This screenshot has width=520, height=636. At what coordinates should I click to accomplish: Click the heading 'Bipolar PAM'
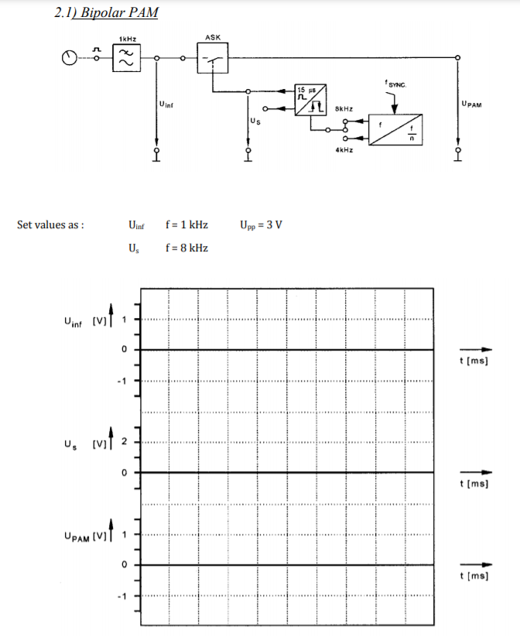point(115,13)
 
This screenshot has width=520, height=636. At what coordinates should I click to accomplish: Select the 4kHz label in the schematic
point(344,149)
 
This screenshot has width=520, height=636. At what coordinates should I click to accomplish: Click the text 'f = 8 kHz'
point(186,247)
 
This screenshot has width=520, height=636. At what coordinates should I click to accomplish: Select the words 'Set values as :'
point(50,225)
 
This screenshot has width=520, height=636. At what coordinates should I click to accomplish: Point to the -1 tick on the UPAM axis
point(121,596)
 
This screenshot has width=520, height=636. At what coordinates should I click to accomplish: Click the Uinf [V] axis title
point(86,320)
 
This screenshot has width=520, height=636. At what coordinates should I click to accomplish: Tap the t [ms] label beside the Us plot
point(474,484)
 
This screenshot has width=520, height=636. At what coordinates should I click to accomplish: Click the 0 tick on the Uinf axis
point(122,350)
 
